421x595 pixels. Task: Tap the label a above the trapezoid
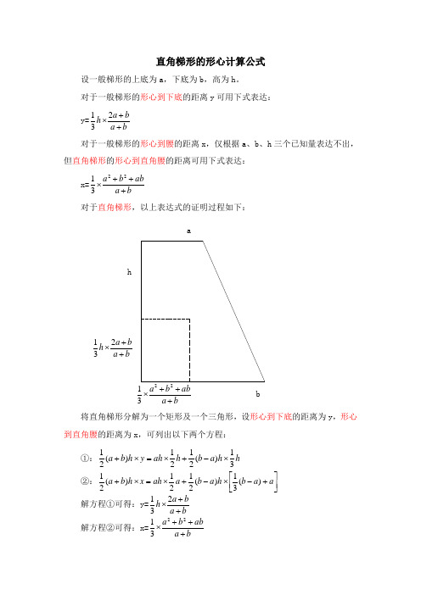188,230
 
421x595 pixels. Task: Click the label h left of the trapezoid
129,272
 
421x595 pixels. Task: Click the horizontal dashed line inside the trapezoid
166,320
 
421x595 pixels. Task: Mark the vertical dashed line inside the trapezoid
189,350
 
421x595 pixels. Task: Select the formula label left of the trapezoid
113,349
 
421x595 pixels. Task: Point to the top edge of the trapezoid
171,242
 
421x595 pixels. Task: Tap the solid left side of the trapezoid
142,288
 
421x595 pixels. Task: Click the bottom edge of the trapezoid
203,381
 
